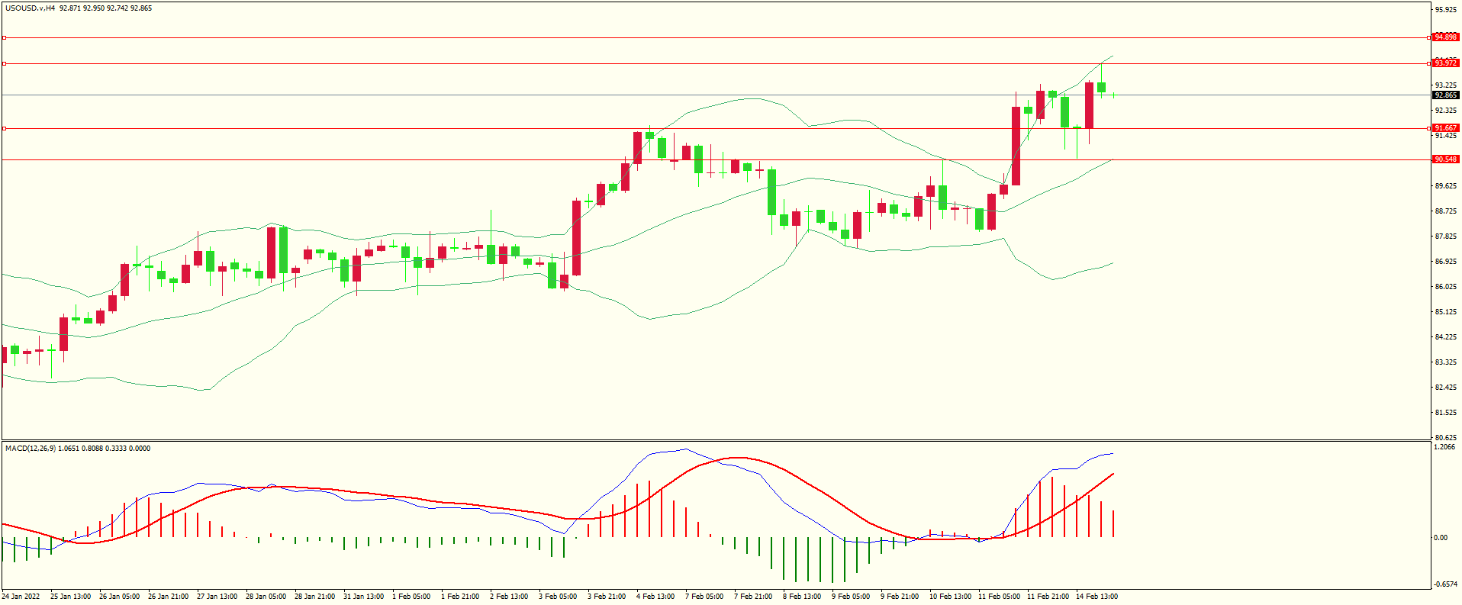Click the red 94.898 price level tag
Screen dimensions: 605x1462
click(x=1445, y=37)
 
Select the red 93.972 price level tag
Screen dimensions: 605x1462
click(x=1445, y=63)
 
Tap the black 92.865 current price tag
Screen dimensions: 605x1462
click(x=1445, y=95)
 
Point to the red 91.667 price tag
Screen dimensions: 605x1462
click(x=1445, y=128)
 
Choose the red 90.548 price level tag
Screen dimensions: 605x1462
click(x=1445, y=159)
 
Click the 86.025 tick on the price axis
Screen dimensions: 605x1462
click(x=1445, y=287)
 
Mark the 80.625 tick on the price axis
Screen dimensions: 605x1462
click(x=1445, y=438)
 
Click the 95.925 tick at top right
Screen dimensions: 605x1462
click(x=1445, y=10)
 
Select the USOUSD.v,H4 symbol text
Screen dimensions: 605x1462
click(x=31, y=8)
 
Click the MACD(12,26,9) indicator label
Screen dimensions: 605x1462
click(x=30, y=449)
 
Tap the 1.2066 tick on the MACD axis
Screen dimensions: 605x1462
click(x=1445, y=447)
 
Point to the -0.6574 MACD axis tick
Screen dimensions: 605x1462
click(x=1445, y=584)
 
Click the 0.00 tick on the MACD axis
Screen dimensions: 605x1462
click(x=1441, y=538)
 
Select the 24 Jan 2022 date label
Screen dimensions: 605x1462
click(x=21, y=597)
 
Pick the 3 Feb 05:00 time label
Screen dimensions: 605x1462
click(x=558, y=597)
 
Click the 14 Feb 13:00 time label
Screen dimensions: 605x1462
click(x=1096, y=597)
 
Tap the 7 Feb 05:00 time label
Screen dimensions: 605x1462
click(x=704, y=597)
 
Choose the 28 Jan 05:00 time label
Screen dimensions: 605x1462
click(x=266, y=597)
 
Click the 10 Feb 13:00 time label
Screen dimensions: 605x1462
click(x=950, y=597)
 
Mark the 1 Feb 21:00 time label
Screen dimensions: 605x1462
click(x=460, y=597)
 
